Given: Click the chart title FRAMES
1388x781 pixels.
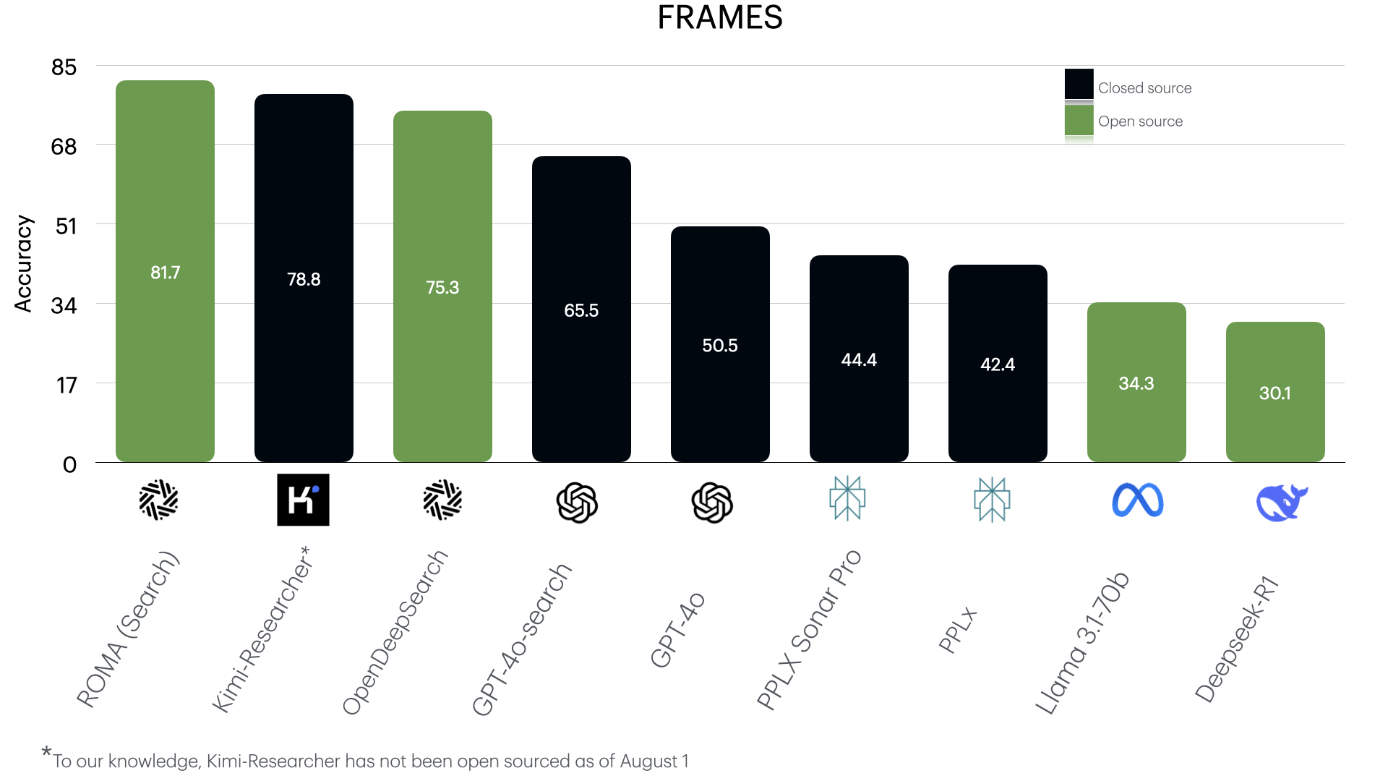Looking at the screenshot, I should pyautogui.click(x=719, y=17).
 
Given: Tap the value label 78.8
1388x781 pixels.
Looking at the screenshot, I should pyautogui.click(x=304, y=279).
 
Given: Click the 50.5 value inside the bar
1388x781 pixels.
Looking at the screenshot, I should pyautogui.click(x=720, y=346).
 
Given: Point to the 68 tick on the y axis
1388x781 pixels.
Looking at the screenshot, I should pyautogui.click(x=64, y=147).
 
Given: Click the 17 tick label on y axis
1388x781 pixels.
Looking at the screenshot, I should pyautogui.click(x=67, y=385).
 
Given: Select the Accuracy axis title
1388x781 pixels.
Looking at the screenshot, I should pyautogui.click(x=23, y=264).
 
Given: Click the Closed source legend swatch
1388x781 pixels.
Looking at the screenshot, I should pyautogui.click(x=1079, y=84).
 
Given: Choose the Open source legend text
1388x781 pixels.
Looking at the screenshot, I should pyautogui.click(x=1140, y=121).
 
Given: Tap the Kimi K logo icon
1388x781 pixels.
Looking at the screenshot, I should pyautogui.click(x=303, y=500).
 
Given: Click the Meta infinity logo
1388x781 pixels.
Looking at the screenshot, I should pyautogui.click(x=1137, y=500).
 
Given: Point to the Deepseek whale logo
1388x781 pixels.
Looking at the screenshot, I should pyautogui.click(x=1281, y=503).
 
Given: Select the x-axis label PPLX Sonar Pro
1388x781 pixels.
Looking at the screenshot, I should pyautogui.click(x=809, y=630).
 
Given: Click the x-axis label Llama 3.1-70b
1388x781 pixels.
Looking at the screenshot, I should pyautogui.click(x=1081, y=644).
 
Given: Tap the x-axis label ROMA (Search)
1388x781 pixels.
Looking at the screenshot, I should pyautogui.click(x=127, y=629).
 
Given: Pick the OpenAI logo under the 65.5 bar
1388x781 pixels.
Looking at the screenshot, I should pyautogui.click(x=577, y=503).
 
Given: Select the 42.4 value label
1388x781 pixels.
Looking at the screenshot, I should pyautogui.click(x=998, y=364).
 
